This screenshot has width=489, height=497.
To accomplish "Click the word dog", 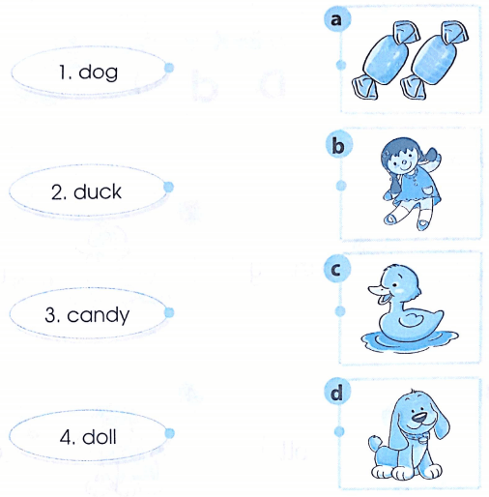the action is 98,73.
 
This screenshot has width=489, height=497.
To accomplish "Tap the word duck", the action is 98,191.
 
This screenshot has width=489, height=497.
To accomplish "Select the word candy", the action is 98,315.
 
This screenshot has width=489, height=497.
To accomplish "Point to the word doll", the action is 100,437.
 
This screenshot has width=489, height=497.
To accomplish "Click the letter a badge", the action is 337,19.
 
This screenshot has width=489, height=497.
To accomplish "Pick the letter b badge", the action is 338,146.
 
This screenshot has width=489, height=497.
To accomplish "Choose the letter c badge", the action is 336,270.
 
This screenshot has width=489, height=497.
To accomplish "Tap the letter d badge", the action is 337,393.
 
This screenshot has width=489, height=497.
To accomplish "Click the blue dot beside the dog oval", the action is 169,68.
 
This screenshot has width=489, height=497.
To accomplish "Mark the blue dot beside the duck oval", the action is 168,187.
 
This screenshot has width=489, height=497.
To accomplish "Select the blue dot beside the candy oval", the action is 169,312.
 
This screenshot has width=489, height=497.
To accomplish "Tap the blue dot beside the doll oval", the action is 169,433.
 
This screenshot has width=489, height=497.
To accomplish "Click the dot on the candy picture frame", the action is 341,65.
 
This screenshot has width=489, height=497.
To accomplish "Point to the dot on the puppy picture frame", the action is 339,431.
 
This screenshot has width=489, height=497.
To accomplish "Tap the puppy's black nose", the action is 419,418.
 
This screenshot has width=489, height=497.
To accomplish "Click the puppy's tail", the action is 375,443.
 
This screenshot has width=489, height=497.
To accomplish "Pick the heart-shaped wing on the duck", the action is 411,320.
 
